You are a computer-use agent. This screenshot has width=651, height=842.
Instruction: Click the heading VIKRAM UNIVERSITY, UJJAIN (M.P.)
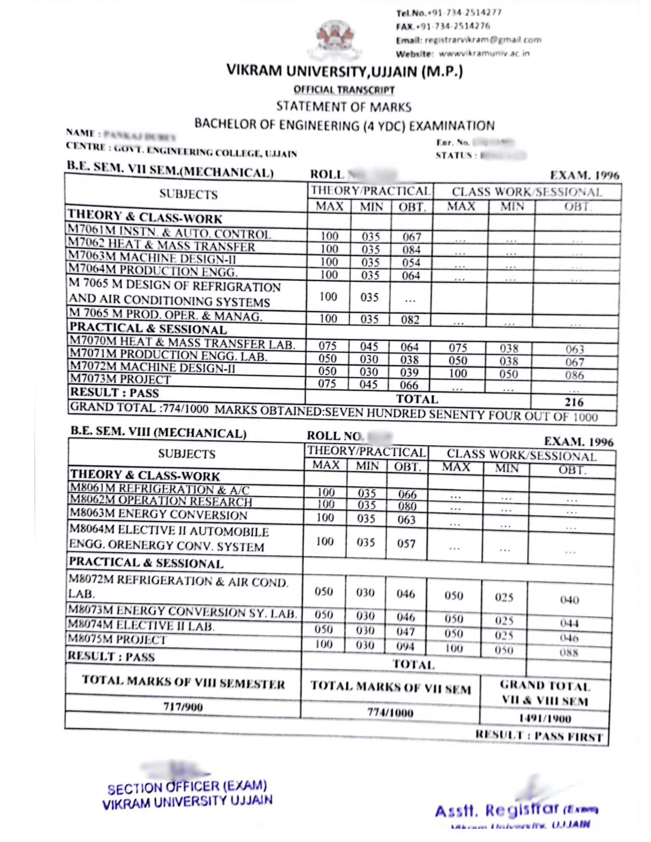tap(344, 71)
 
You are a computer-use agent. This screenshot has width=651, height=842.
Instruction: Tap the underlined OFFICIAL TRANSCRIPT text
tap(344, 90)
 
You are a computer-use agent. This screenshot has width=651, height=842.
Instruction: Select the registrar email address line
tap(468, 40)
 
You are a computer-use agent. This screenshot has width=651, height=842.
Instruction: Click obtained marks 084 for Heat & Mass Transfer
tap(411, 250)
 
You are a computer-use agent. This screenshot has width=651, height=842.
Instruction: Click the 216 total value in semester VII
tap(574, 402)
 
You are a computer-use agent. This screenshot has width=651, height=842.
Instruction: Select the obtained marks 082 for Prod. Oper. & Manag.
tap(410, 320)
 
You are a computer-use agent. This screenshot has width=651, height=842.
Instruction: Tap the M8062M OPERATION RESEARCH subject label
tap(161, 501)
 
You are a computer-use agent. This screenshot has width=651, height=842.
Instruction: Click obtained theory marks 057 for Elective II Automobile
tap(406, 544)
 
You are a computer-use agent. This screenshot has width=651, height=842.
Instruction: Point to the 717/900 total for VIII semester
tap(183, 706)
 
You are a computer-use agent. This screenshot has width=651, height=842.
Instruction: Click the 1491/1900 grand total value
tap(544, 718)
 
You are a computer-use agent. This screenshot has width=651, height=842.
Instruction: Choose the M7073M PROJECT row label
tap(121, 379)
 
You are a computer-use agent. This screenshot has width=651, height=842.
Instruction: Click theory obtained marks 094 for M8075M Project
tap(405, 646)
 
